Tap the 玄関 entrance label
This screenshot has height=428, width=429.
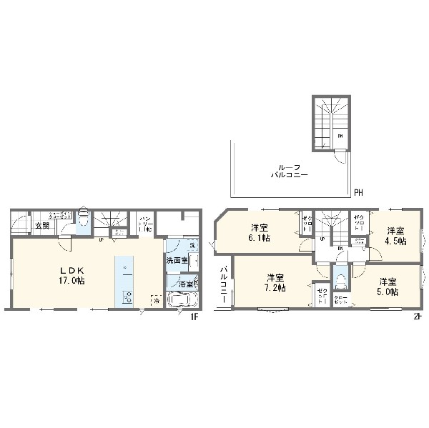click(41, 226)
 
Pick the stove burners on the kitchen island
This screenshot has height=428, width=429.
click(128, 297)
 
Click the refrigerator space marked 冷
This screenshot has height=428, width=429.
click(155, 299)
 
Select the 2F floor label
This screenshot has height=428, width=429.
click(417, 317)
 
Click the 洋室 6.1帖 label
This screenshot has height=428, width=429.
click(259, 232)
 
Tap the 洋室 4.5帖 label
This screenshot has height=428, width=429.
click(397, 236)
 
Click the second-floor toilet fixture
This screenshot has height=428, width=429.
click(340, 279)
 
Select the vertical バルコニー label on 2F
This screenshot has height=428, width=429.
click(224, 284)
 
